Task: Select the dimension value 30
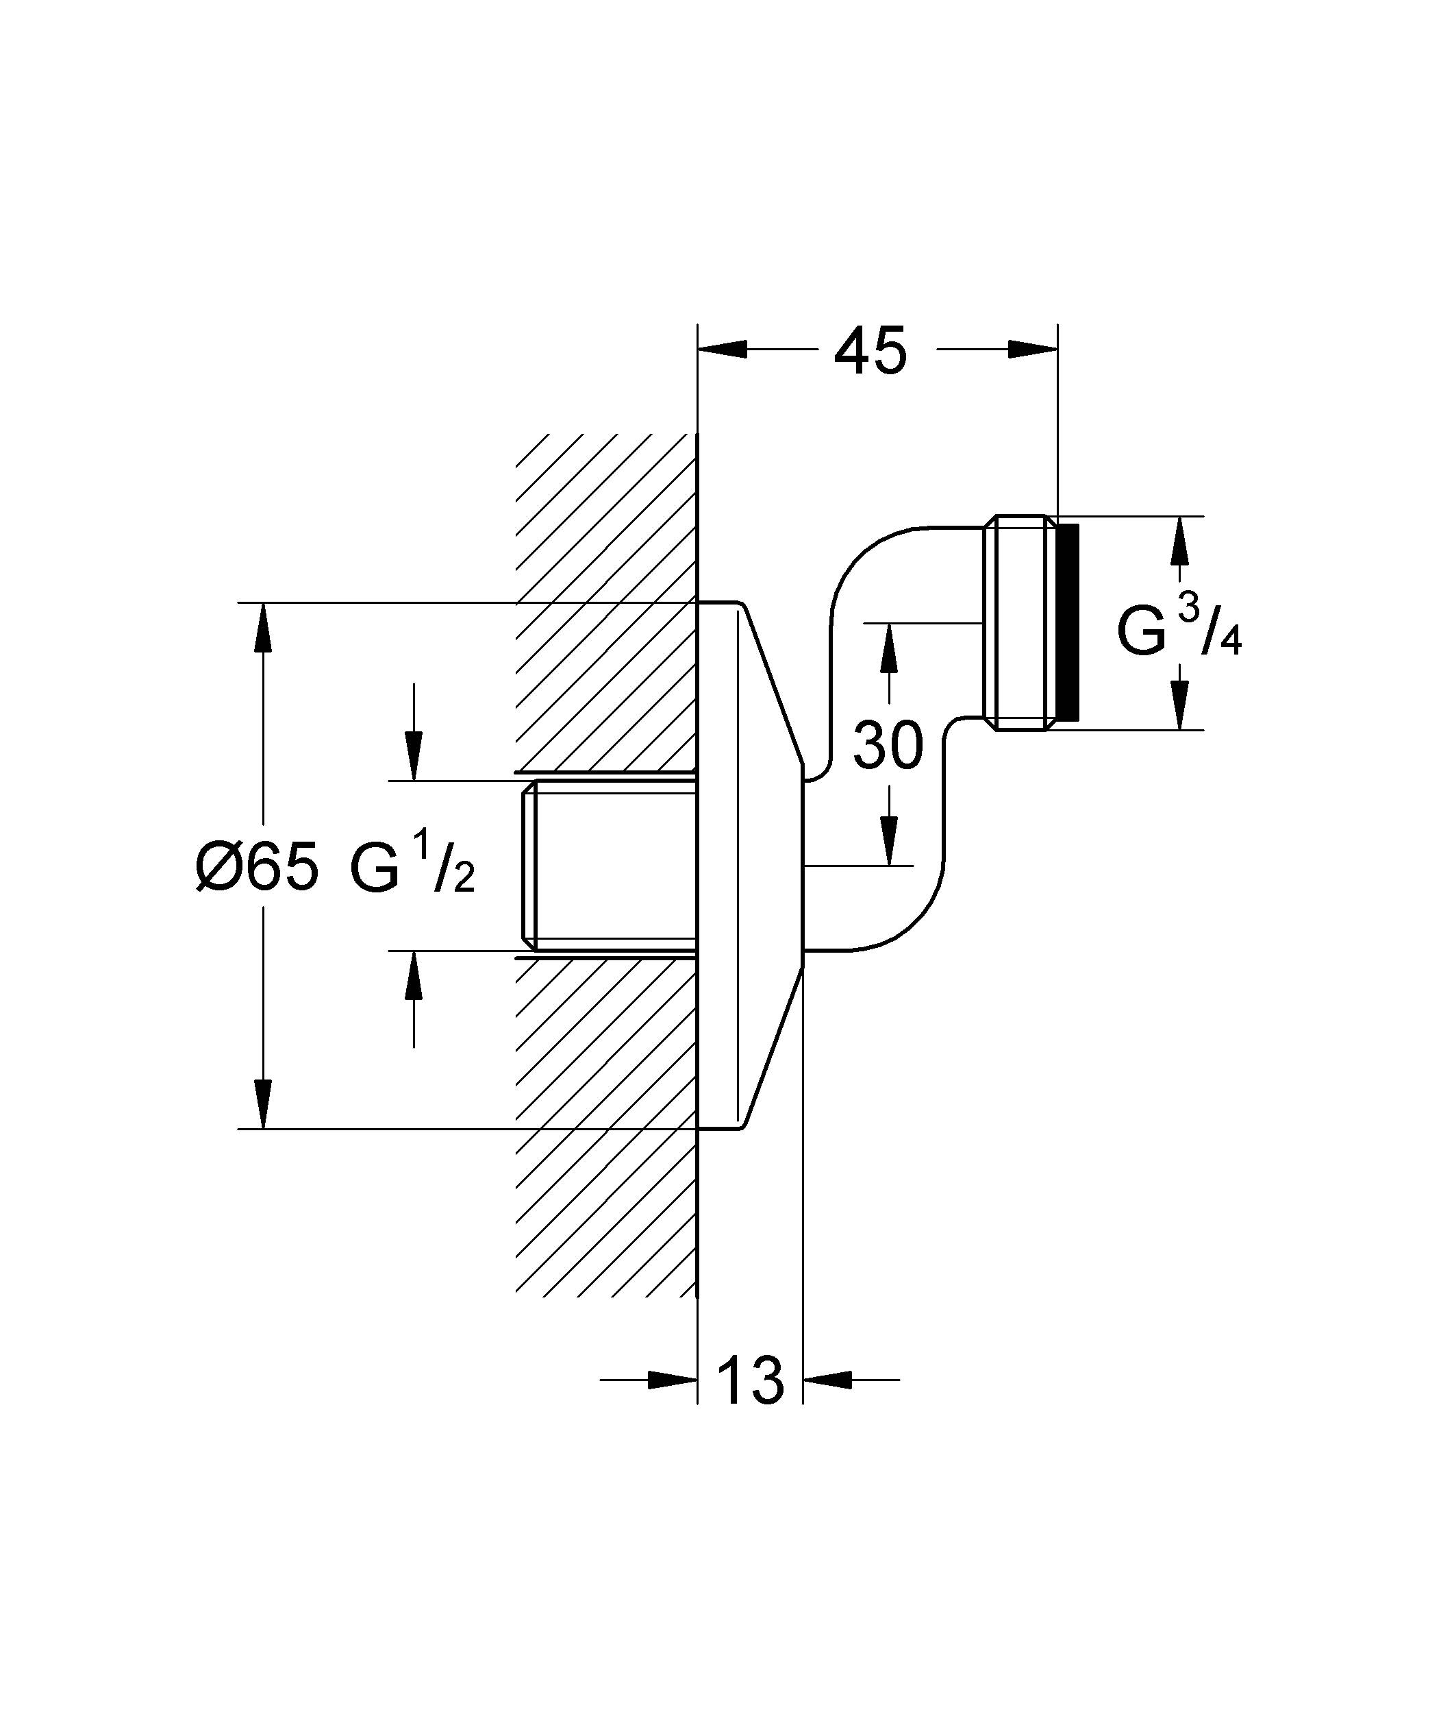coord(888,745)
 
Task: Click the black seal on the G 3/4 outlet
coord(1068,622)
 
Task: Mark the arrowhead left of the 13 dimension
coord(673,1379)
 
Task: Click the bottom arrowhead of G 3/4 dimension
coord(1179,705)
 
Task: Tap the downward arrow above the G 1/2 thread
coord(414,755)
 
